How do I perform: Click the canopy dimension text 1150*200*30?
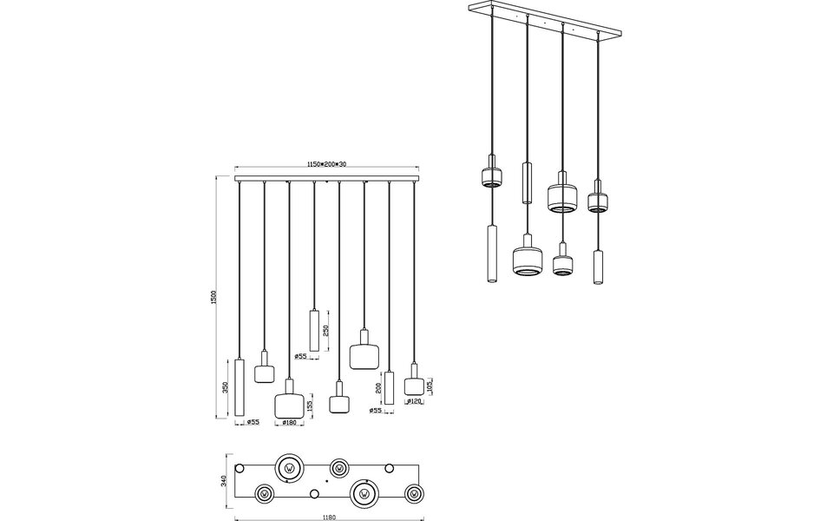click(x=326, y=165)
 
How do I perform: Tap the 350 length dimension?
click(x=226, y=386)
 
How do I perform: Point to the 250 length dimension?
click(x=325, y=331)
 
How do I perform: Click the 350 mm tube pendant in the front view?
click(x=240, y=388)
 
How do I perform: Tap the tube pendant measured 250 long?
click(x=314, y=330)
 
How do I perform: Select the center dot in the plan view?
click(x=325, y=480)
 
